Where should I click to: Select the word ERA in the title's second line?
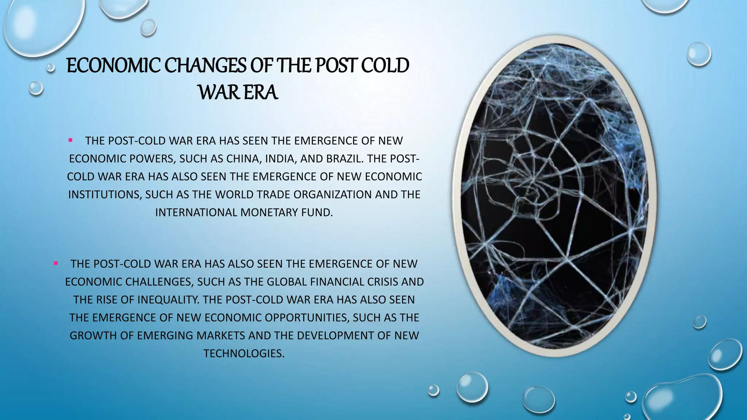click(x=260, y=93)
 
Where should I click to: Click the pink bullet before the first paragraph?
click(x=70, y=140)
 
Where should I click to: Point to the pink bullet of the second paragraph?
click(x=55, y=263)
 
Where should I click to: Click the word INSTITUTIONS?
click(x=104, y=194)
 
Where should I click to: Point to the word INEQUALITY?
click(x=169, y=300)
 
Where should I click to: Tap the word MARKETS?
click(x=220, y=335)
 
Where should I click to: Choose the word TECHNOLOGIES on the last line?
click(x=244, y=353)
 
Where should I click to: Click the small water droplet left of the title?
click(x=51, y=67)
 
